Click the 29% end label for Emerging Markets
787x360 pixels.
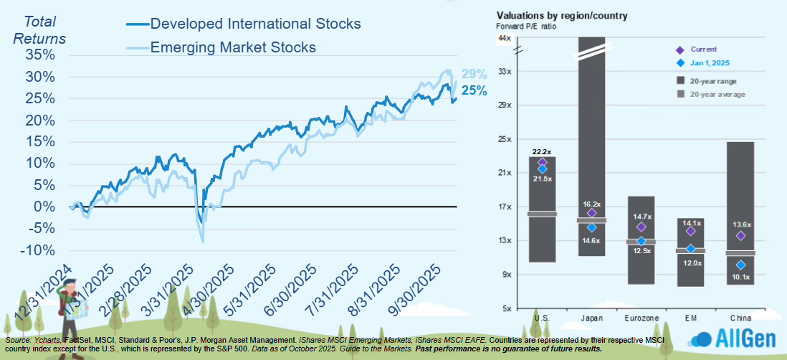(x=474, y=74)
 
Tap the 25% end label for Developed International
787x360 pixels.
(x=474, y=91)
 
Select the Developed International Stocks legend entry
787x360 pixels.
(x=254, y=24)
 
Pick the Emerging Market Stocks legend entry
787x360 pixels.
(x=232, y=47)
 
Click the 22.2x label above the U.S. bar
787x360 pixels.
(x=541, y=152)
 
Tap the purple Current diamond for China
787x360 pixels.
(x=740, y=236)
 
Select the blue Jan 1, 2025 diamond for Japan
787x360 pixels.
(x=591, y=227)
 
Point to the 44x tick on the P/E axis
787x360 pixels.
(x=504, y=37)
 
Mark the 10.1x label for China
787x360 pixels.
(x=740, y=278)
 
